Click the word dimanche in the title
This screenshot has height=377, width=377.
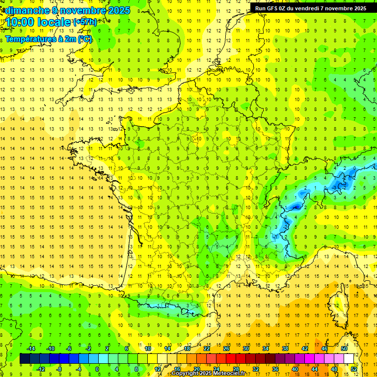click(x=25, y=10)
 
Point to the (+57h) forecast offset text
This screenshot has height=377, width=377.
click(x=84, y=22)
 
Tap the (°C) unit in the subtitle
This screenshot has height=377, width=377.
click(x=84, y=39)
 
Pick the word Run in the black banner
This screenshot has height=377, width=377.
click(x=261, y=8)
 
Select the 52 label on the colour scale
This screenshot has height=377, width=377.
click(x=354, y=369)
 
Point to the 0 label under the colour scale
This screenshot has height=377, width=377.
click(x=97, y=369)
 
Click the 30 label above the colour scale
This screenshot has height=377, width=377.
click(x=245, y=348)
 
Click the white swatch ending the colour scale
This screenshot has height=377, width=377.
click(x=349, y=358)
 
